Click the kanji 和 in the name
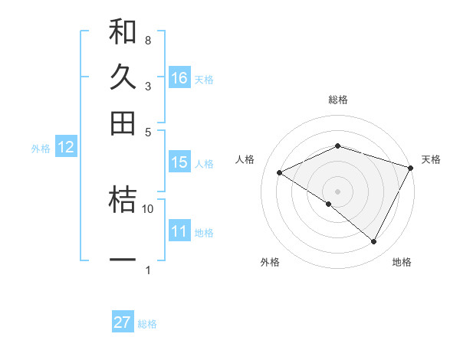[123, 32]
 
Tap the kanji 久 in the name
[123, 77]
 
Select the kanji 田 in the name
[123, 122]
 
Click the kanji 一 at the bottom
[123, 260]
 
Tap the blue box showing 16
[179, 77]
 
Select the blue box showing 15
[179, 162]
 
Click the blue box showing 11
[179, 231]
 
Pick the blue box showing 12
[66, 148]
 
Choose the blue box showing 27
[123, 322]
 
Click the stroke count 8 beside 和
[147, 40]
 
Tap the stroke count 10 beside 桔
[148, 208]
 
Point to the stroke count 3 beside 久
[147, 86]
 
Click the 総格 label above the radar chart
[337, 100]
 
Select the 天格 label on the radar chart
[432, 159]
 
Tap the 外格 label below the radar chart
[270, 262]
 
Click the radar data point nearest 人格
[280, 173]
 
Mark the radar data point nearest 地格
[374, 242]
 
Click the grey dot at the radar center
[337, 190]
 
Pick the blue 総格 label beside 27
[147, 324]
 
